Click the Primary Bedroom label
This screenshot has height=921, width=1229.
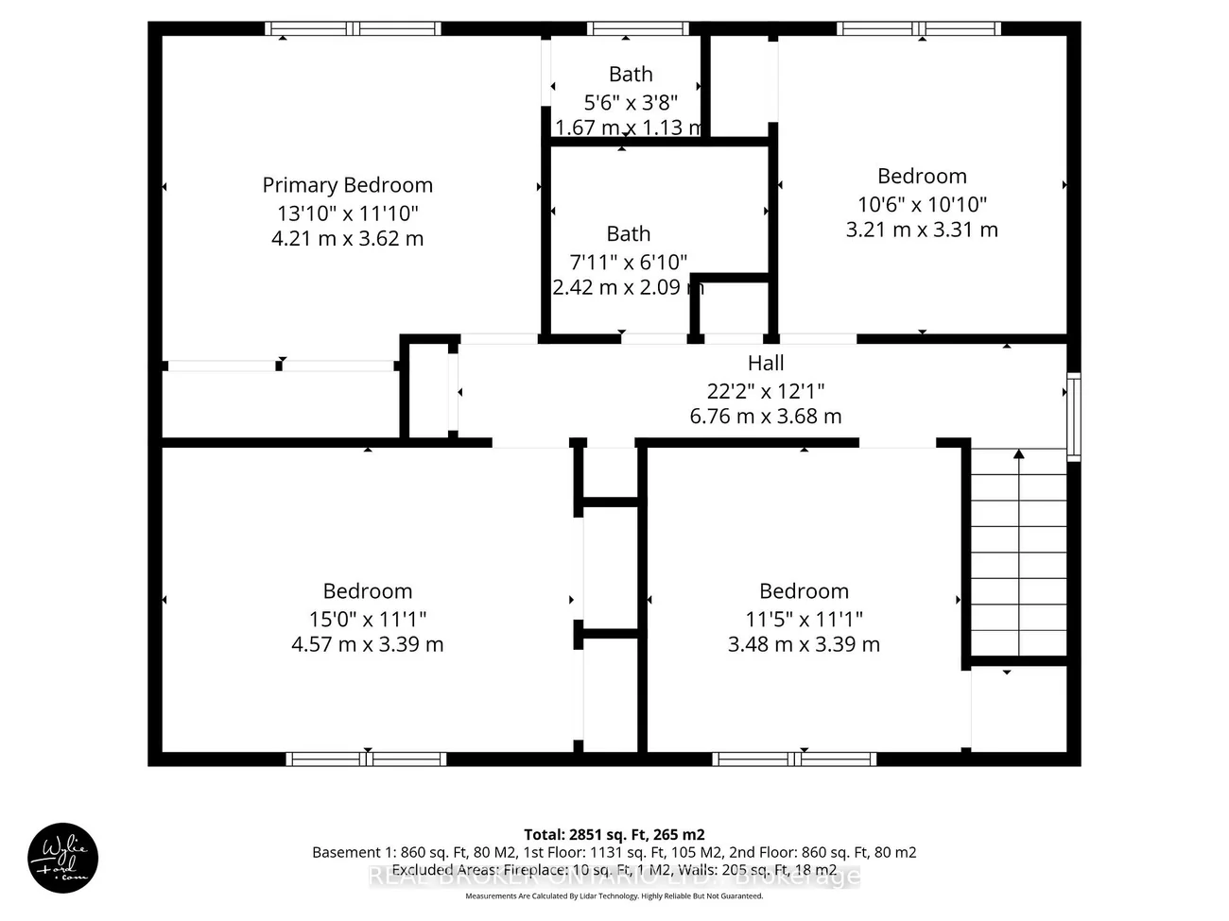[347, 185]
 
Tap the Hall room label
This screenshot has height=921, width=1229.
[765, 363]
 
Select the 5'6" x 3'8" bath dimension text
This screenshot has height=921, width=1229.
[630, 102]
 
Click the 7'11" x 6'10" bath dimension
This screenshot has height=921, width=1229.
[628, 262]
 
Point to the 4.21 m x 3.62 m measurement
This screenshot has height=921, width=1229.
[347, 238]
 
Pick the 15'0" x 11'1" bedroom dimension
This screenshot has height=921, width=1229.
[367, 619]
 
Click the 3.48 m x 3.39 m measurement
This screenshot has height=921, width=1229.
[804, 644]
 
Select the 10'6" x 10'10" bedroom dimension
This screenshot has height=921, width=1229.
[922, 204]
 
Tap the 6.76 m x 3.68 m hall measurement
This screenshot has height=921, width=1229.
[765, 416]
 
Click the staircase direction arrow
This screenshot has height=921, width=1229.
[1018, 455]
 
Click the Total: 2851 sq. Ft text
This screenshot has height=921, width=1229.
[614, 834]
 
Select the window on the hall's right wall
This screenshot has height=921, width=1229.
[1073, 417]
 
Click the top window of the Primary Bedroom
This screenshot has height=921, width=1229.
[353, 29]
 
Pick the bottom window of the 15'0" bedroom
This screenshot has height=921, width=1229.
[366, 759]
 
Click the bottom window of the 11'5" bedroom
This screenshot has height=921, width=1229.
[794, 759]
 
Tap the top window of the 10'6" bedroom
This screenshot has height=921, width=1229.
[919, 29]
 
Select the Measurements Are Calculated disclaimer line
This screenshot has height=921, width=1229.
[614, 896]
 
